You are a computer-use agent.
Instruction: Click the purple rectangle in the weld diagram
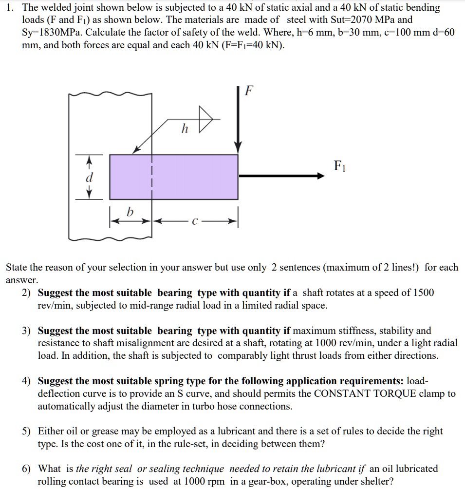(x=174, y=176)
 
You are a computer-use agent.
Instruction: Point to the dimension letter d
(x=89, y=177)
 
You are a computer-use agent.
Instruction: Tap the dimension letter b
(x=130, y=212)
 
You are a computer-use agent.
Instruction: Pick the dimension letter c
(x=195, y=222)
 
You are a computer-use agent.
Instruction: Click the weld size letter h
(x=184, y=129)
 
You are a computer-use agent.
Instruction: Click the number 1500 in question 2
(x=423, y=293)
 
